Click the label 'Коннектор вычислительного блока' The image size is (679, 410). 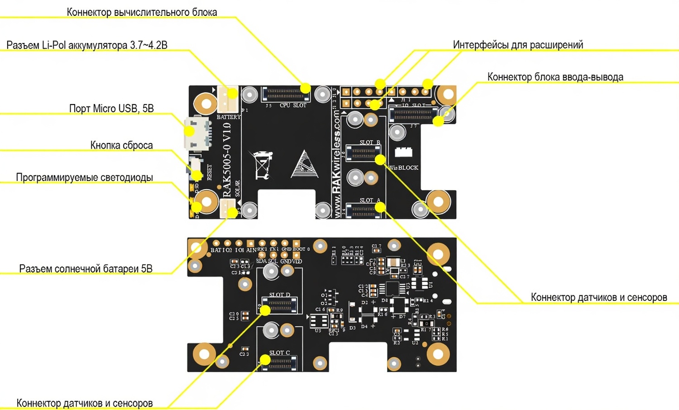(142, 12)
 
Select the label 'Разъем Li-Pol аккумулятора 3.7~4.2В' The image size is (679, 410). (87, 45)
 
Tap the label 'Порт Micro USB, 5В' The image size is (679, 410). (111, 109)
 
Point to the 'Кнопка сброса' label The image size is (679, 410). (121, 145)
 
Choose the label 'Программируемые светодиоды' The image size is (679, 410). (84, 177)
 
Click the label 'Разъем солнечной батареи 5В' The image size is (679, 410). (86, 269)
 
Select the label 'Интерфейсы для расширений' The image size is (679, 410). (518, 45)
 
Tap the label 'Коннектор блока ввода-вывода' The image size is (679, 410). (555, 77)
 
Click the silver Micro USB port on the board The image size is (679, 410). (197, 133)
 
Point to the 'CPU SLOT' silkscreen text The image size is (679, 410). (293, 105)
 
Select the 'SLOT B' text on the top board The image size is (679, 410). (370, 142)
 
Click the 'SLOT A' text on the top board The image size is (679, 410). (370, 200)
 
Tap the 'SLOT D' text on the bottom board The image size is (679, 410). (279, 295)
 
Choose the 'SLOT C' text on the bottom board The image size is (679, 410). (279, 353)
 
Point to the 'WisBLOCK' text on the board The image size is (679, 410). (403, 167)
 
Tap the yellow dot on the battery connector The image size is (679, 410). (232, 94)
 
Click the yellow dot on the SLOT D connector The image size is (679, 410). (265, 310)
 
